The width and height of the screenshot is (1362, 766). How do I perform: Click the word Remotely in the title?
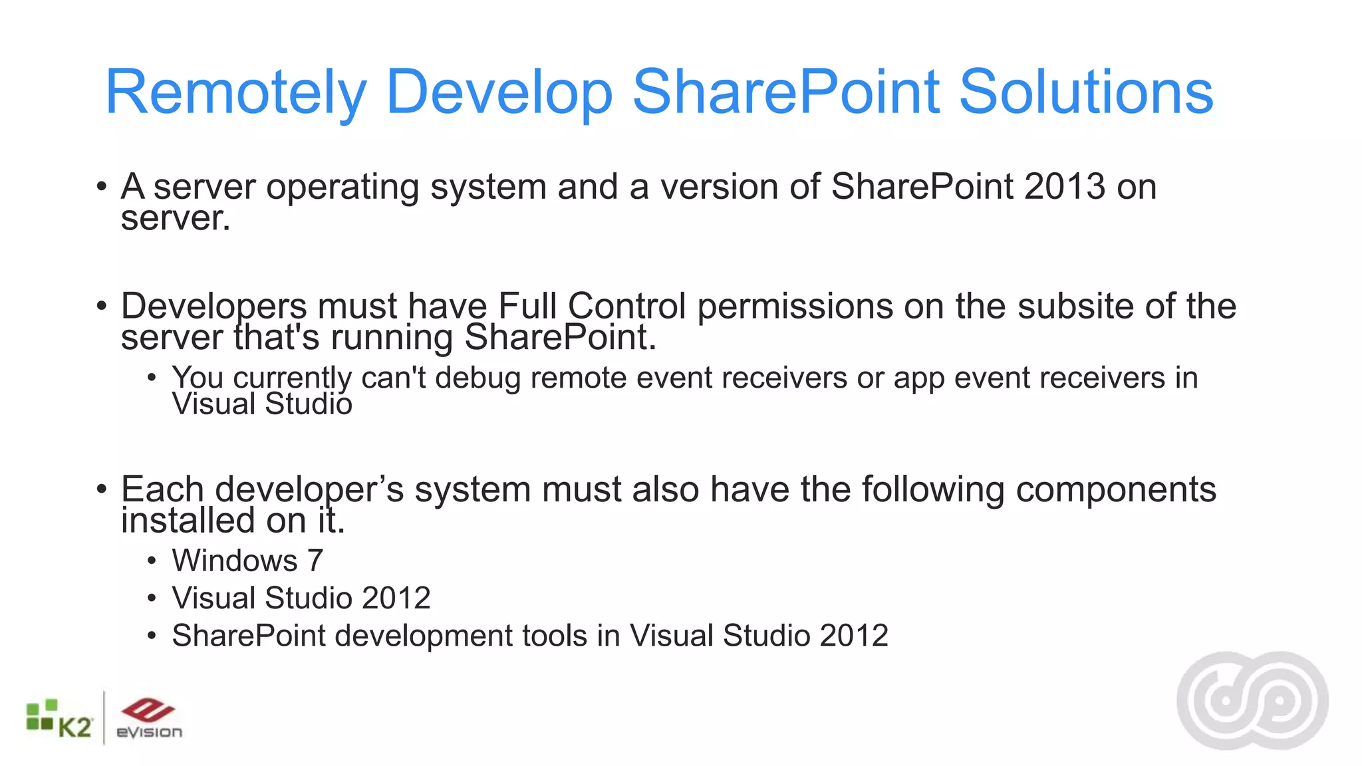coord(235,93)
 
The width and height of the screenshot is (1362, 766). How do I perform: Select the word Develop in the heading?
coord(498,93)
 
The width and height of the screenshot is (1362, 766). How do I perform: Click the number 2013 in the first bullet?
coord(1064,187)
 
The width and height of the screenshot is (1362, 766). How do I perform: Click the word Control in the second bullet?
coord(626,307)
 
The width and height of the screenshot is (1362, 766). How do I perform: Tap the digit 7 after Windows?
coord(315,561)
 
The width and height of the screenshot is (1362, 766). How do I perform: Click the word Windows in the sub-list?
coord(235,561)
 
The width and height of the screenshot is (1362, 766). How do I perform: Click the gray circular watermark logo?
coord(1252,701)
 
